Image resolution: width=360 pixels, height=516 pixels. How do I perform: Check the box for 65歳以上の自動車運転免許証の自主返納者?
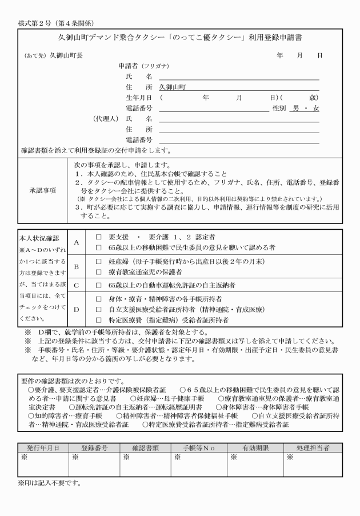click(99, 284)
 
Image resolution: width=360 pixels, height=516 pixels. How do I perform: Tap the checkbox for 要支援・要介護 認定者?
click(99, 235)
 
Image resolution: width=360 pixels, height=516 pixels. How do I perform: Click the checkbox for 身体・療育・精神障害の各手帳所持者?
click(99, 298)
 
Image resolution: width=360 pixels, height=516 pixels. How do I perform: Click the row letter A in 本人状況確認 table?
click(76, 242)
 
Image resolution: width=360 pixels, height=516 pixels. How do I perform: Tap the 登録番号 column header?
click(95, 447)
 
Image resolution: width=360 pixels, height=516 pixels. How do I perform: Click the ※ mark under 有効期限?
click(233, 457)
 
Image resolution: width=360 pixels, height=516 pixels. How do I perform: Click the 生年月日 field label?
click(139, 98)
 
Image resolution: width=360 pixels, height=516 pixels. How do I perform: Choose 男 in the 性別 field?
click(295, 108)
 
